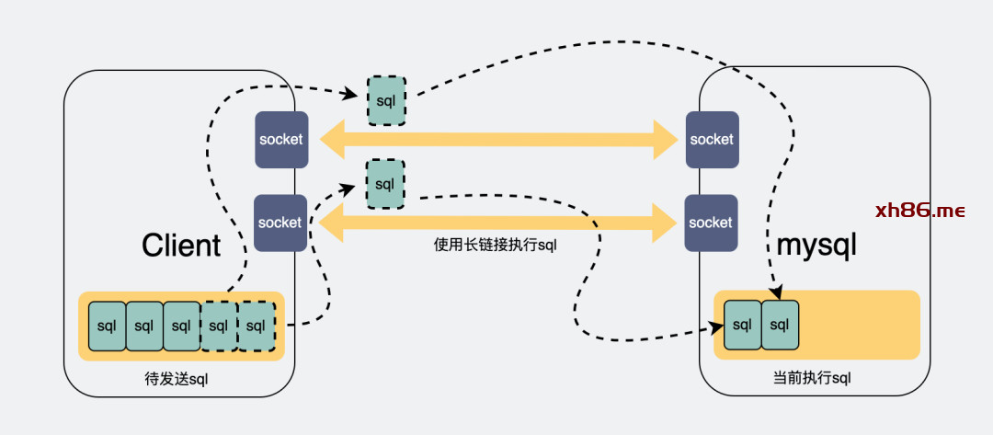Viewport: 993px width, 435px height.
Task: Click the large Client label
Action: click(x=181, y=246)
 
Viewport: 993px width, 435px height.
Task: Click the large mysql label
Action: click(x=816, y=246)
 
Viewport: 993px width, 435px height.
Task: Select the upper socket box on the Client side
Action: click(x=280, y=140)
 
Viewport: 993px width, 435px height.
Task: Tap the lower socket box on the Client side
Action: click(x=280, y=223)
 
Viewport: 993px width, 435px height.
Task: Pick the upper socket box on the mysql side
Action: click(x=712, y=140)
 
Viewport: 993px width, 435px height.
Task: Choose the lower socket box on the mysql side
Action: click(x=711, y=223)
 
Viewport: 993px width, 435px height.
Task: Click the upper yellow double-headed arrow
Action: click(x=497, y=140)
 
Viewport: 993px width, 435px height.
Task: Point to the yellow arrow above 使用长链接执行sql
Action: click(x=497, y=222)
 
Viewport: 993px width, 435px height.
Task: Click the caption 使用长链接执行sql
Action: click(x=496, y=246)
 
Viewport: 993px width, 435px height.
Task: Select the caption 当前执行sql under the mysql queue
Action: click(x=813, y=378)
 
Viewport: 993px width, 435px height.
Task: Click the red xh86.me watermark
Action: click(x=919, y=211)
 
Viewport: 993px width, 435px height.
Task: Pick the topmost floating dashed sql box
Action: click(x=386, y=100)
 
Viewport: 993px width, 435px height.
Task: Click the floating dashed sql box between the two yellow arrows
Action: click(x=384, y=183)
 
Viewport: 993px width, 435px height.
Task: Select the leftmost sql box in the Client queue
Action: click(x=107, y=326)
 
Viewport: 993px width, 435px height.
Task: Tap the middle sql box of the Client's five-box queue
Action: click(x=181, y=326)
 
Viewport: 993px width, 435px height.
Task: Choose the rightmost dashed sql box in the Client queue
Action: click(x=257, y=326)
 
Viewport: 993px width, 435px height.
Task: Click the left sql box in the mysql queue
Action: click(x=743, y=325)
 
